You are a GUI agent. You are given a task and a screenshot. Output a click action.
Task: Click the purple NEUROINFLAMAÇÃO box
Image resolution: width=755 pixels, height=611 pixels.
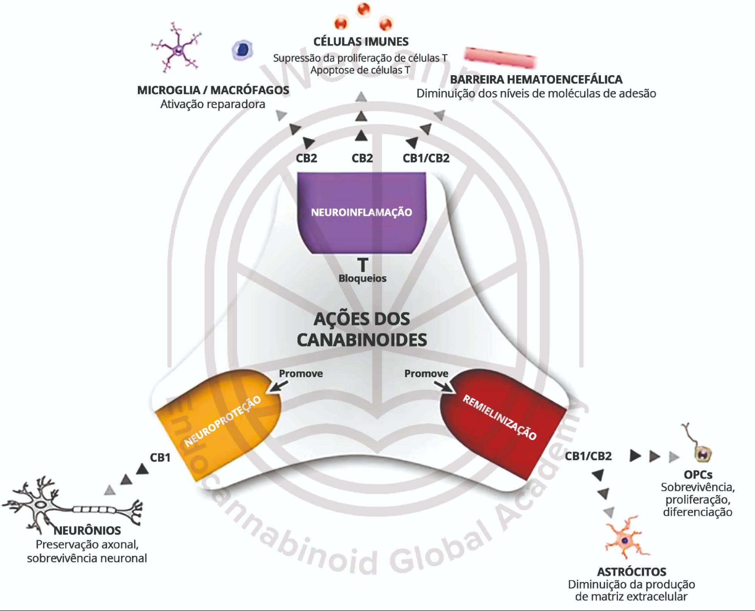(x=361, y=212)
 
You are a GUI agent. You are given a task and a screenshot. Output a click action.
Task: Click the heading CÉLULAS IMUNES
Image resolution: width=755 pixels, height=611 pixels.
(x=361, y=42)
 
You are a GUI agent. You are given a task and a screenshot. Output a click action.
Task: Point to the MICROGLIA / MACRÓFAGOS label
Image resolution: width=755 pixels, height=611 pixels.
(x=213, y=90)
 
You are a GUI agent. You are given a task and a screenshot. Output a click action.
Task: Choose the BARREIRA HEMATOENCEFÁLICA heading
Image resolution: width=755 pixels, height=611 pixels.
(x=536, y=80)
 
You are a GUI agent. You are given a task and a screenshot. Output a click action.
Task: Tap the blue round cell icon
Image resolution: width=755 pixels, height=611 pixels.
(x=242, y=50)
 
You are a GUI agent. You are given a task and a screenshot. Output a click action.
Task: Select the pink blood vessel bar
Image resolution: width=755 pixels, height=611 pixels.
(x=500, y=57)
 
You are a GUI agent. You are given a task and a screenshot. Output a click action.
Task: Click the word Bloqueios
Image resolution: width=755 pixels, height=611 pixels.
(x=362, y=278)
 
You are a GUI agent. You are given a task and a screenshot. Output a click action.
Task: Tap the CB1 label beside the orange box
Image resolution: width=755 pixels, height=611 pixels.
(x=160, y=458)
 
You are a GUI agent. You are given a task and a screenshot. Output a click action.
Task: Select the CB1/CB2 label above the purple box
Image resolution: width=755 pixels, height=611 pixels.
(x=426, y=158)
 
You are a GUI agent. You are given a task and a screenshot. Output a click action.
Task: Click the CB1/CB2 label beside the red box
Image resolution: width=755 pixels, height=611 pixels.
(x=588, y=456)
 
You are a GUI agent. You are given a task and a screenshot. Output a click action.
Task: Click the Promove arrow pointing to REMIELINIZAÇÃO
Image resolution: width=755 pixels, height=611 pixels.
(x=443, y=387)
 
